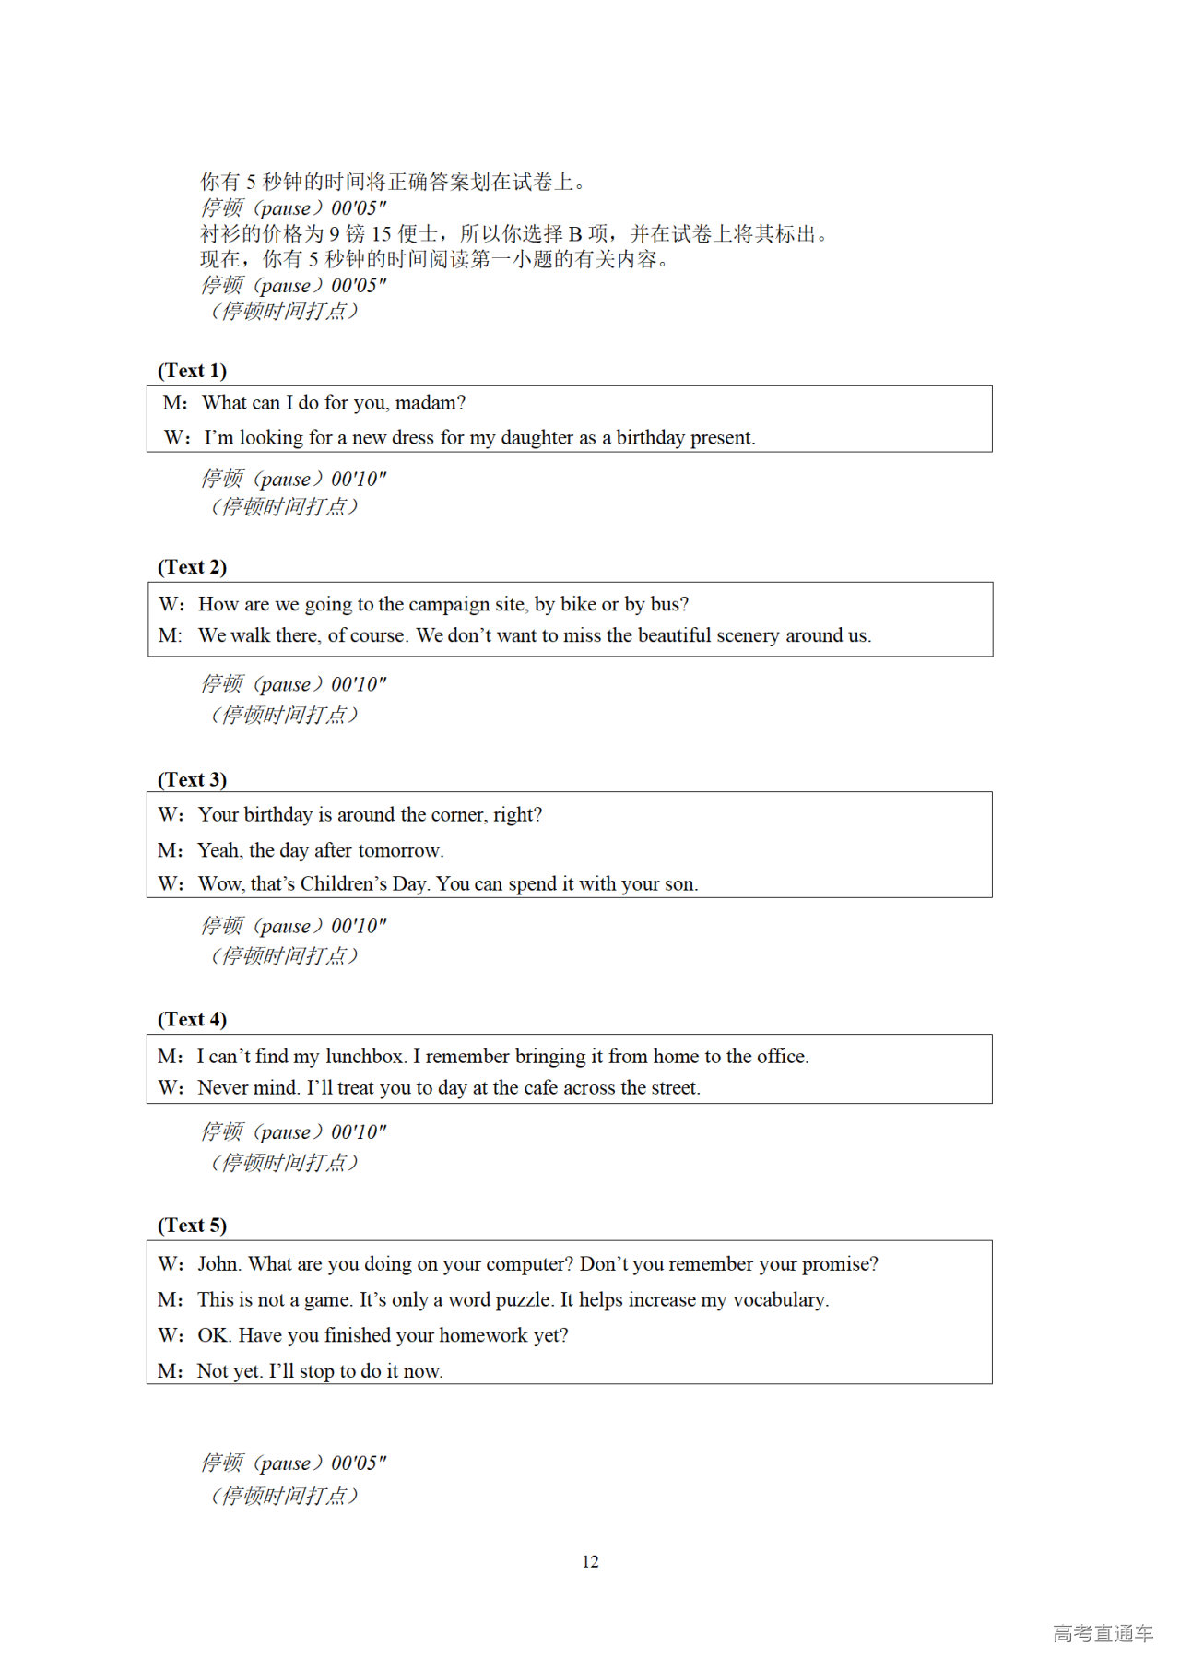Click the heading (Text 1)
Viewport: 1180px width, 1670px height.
192,371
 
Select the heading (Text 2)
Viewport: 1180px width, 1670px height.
192,567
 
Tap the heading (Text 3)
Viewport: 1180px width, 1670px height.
192,780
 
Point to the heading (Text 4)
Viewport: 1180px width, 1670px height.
192,1020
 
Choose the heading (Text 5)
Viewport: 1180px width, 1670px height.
192,1226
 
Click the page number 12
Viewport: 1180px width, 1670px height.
590,1562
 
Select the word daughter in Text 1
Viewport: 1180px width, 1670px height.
537,438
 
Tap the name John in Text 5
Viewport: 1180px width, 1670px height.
218,1264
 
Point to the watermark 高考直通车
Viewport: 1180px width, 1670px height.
1103,1634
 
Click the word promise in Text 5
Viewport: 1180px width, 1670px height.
838,1264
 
